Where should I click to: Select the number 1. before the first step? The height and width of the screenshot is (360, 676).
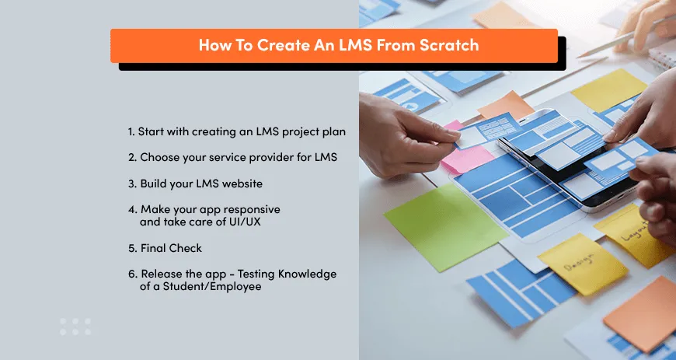[131, 132]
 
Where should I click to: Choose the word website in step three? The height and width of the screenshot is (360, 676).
[241, 183]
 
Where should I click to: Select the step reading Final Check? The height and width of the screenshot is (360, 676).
[170, 248]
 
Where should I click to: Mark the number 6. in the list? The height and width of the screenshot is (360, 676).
[132, 274]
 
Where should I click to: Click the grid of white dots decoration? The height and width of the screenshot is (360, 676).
[75, 326]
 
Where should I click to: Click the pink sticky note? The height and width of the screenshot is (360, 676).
[466, 155]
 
